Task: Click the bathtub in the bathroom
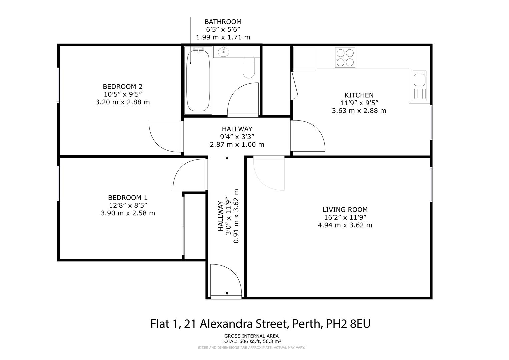click(x=198, y=80)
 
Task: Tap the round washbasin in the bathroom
click(x=223, y=52)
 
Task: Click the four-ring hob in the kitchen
click(x=345, y=58)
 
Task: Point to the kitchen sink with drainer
click(x=419, y=86)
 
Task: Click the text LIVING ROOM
click(x=345, y=210)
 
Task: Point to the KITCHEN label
click(x=359, y=95)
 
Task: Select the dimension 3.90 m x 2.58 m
click(x=128, y=213)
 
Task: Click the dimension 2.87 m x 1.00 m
click(x=237, y=144)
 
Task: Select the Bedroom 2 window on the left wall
click(x=58, y=85)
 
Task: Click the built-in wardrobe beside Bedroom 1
click(x=195, y=226)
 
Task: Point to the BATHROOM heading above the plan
click(x=223, y=22)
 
